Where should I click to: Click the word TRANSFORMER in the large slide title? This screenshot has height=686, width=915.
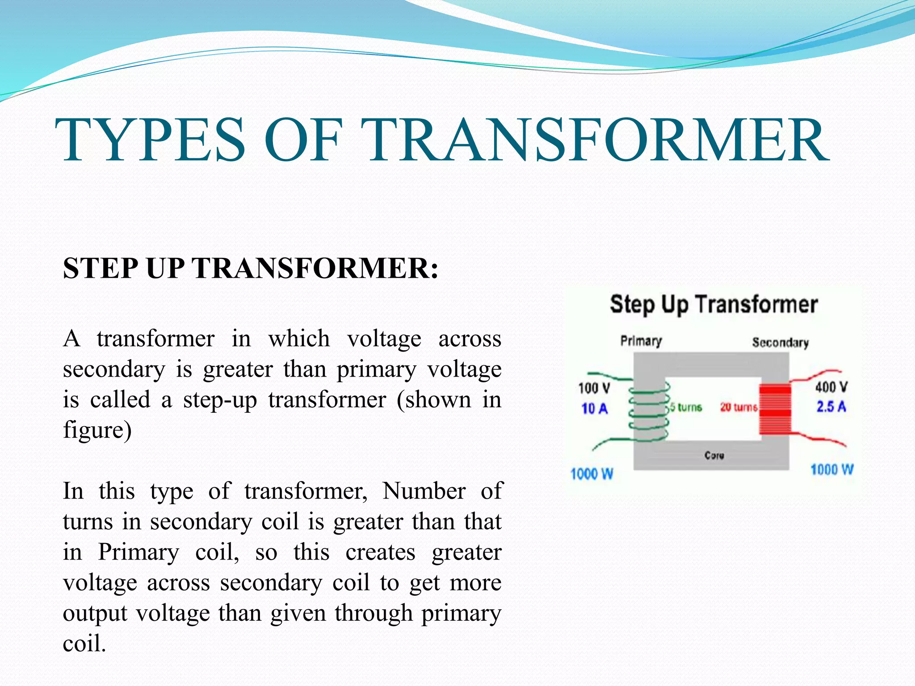(x=596, y=140)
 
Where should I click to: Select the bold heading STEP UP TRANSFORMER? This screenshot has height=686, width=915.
(x=251, y=268)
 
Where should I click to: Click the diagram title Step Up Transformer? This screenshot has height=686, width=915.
(x=714, y=305)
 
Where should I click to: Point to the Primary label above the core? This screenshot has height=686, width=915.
(x=641, y=341)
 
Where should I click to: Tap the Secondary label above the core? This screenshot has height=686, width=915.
(x=780, y=343)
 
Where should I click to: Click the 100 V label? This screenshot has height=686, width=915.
(x=594, y=388)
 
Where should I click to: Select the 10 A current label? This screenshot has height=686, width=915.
(x=594, y=408)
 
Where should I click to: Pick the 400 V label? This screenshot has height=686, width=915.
(x=831, y=387)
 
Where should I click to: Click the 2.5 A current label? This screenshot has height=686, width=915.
(x=831, y=407)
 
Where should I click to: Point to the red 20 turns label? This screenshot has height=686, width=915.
(x=738, y=407)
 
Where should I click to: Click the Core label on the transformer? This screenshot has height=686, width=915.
(x=714, y=456)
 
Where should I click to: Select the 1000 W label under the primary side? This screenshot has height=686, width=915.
(x=592, y=474)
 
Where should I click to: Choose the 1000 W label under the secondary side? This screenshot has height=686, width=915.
(x=832, y=470)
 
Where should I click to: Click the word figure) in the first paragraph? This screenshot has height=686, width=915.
(x=97, y=430)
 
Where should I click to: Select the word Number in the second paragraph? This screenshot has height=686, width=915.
(x=424, y=491)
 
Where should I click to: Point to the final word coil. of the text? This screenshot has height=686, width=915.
(x=84, y=644)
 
